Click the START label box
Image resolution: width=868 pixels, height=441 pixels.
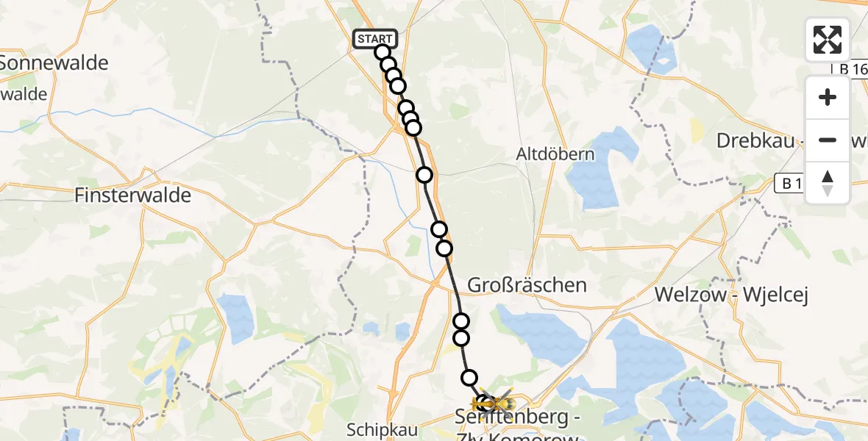[375, 39]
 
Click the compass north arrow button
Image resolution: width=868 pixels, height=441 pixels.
[828, 183]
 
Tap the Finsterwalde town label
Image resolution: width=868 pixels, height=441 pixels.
[132, 196]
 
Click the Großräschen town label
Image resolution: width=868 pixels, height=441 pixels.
[527, 284]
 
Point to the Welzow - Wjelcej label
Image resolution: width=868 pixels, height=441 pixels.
[731, 295]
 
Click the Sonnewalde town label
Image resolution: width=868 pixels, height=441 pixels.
[53, 63]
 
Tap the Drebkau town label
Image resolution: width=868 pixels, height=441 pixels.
[765, 140]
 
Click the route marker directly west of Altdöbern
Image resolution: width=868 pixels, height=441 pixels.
[424, 175]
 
